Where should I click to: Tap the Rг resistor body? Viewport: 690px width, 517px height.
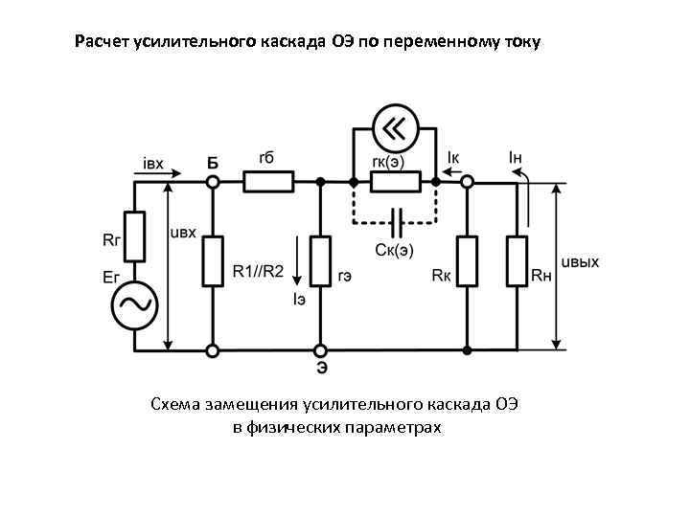(x=134, y=236)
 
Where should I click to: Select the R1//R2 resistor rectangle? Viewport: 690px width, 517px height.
(x=213, y=260)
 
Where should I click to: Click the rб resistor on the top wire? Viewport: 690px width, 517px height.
(x=269, y=180)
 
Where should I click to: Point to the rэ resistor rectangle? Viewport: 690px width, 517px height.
(x=321, y=260)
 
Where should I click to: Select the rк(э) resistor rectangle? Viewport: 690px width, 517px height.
(x=395, y=180)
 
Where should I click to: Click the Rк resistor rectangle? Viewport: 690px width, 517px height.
(x=467, y=260)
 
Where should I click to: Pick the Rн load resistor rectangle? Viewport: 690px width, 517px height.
(x=518, y=260)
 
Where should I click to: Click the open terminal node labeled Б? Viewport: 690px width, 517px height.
(x=213, y=180)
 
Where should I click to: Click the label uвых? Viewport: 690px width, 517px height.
(x=580, y=262)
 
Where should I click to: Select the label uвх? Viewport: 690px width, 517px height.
(x=182, y=233)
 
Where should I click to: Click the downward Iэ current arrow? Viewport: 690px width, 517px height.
(x=298, y=264)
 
